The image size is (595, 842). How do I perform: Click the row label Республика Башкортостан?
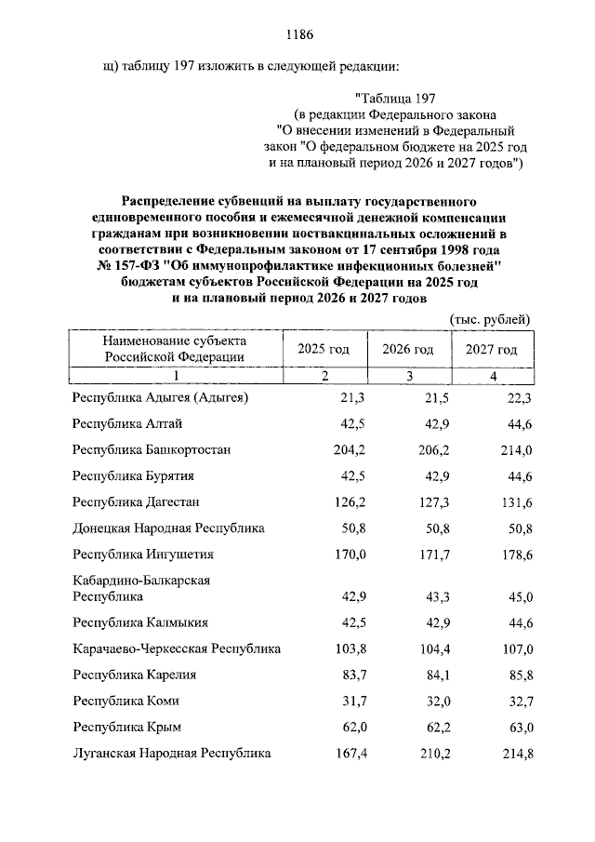[x=152, y=449]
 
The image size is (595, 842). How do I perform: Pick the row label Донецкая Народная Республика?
[x=168, y=528]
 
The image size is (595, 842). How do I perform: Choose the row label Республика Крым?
[x=126, y=727]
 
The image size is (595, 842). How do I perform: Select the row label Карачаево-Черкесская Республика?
[x=177, y=648]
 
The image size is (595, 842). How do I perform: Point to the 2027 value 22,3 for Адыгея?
[x=518, y=397]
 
